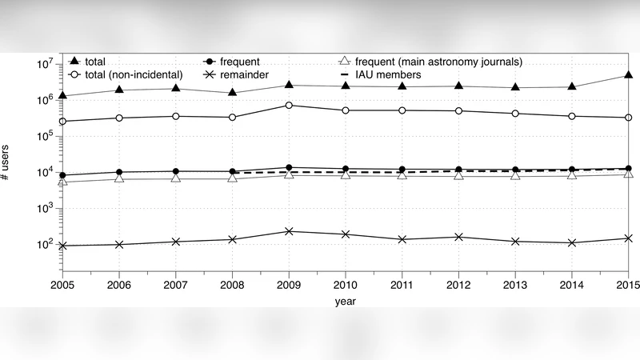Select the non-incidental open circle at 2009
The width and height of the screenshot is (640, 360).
click(x=289, y=106)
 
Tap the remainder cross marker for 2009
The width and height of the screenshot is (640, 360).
click(x=289, y=231)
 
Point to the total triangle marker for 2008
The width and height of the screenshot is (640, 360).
click(x=232, y=92)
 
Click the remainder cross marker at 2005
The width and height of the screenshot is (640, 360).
click(x=62, y=246)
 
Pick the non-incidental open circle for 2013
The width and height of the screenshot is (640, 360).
click(x=516, y=114)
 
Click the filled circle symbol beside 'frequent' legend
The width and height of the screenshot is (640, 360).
click(x=208, y=61)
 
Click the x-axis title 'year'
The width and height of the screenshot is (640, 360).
click(x=346, y=302)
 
